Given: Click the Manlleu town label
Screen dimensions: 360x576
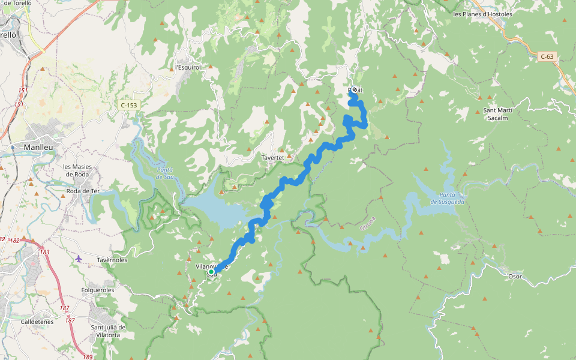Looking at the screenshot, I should click(x=38, y=146).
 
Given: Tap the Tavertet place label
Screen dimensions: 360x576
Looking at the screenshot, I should click(x=272, y=157).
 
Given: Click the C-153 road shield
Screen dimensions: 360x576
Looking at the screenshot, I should click(x=129, y=105).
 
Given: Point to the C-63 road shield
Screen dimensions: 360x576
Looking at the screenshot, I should click(x=546, y=57).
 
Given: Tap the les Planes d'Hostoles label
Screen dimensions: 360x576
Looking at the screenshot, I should click(x=482, y=14).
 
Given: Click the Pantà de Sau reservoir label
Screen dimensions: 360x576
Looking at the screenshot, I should click(x=164, y=173).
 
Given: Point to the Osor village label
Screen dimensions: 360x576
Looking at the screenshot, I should click(x=515, y=277).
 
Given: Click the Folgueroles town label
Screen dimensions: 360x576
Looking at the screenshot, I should click(x=97, y=290).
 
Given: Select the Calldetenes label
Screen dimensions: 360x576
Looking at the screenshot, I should click(x=37, y=322).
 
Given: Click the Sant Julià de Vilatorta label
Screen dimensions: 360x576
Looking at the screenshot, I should click(x=108, y=331).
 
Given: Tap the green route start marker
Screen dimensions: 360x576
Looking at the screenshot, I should click(x=211, y=272).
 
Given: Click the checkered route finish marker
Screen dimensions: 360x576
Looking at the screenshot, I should click(x=354, y=90).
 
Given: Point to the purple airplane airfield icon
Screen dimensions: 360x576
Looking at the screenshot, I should click(x=79, y=259).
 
